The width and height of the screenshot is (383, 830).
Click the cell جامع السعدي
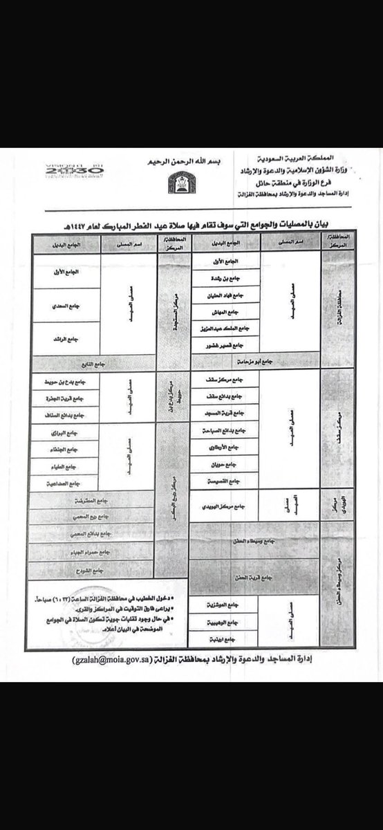67,305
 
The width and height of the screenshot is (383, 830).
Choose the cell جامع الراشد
67,339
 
